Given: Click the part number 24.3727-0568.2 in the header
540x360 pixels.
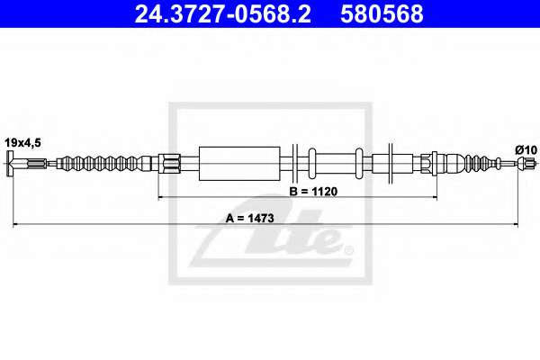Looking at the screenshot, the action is coord(222,14).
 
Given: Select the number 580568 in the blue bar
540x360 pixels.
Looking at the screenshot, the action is coord(382,14).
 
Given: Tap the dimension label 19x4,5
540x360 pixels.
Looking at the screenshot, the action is coord(22,142).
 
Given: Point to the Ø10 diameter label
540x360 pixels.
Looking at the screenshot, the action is coord(526,150).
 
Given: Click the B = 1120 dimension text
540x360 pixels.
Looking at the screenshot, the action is coord(313,191).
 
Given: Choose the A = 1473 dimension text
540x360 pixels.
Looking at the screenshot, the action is coord(250,218).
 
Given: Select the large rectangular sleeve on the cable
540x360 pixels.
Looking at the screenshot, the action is coord(239,164).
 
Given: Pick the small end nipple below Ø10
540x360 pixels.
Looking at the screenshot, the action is coord(526,163).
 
